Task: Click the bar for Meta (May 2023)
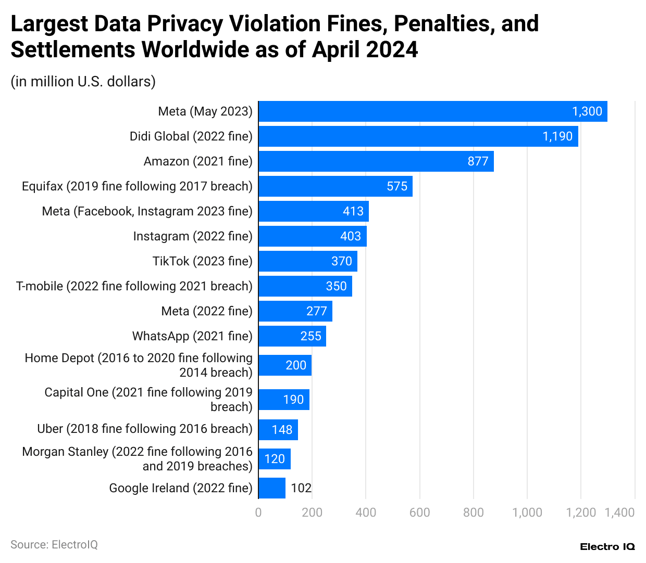pos(432,111)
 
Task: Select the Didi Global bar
pos(418,136)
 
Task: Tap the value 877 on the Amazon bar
pos(478,161)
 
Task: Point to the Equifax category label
pos(137,186)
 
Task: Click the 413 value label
pos(353,211)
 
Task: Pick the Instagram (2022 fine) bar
pos(313,236)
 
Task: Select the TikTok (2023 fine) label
pos(202,261)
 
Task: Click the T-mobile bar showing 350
pos(305,286)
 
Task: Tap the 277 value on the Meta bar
pos(316,311)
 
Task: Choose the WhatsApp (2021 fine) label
pos(192,336)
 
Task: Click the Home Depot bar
pos(285,365)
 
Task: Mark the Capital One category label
pos(148,400)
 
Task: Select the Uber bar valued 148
pos(278,430)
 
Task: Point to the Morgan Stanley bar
pos(275,459)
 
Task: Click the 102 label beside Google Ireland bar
pos(301,488)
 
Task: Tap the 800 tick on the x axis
pos(473,513)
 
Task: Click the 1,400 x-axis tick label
pos(619,513)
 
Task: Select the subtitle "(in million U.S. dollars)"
pos(83,82)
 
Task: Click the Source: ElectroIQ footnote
pos(54,545)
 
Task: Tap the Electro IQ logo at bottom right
pos(607,546)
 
